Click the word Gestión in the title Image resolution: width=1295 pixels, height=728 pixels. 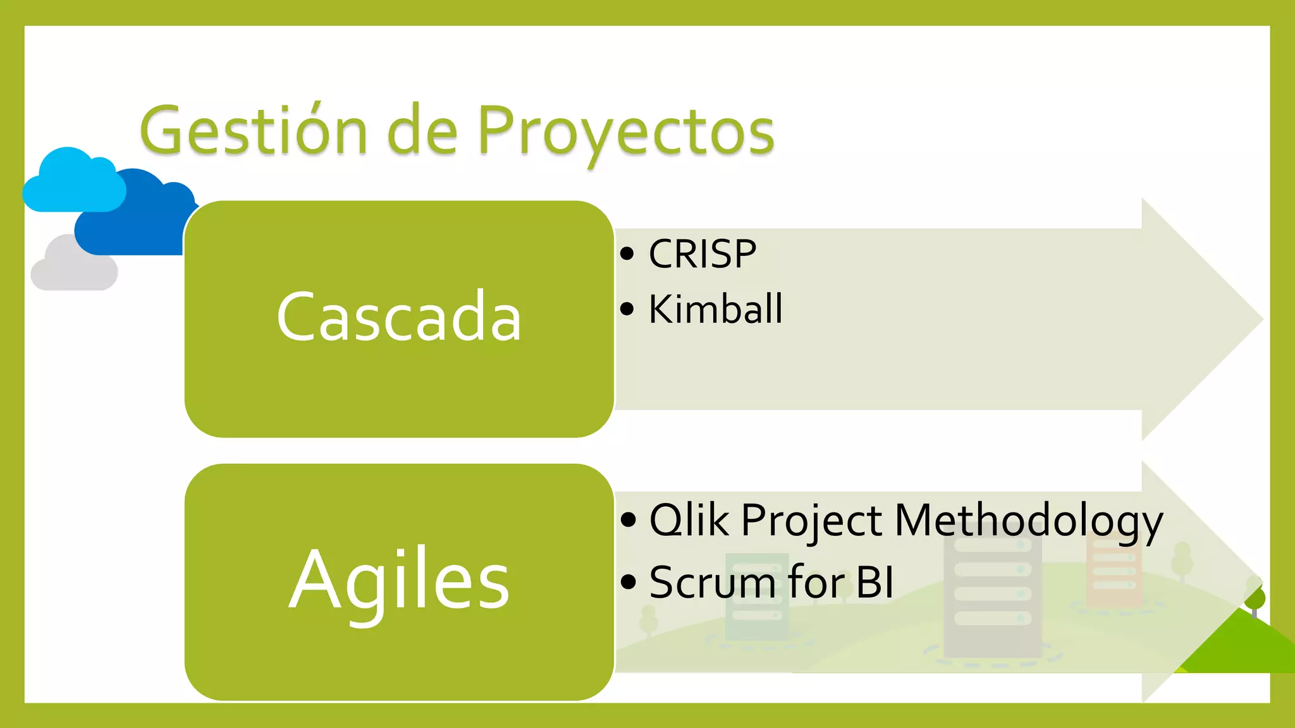[253, 131]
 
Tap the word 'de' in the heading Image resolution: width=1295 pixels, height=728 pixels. [422, 131]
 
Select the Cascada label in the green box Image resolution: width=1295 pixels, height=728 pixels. [399, 317]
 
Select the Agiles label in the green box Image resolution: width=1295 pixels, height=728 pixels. [399, 580]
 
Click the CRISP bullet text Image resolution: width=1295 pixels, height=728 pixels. [702, 254]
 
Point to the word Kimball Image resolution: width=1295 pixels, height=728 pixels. [715, 310]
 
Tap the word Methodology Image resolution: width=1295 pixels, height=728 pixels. [1029, 520]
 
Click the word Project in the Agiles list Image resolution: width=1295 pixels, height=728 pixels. [811, 520]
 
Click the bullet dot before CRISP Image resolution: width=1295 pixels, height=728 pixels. [627, 254]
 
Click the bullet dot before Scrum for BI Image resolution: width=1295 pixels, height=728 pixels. [627, 582]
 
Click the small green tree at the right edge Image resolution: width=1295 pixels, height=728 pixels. [1255, 597]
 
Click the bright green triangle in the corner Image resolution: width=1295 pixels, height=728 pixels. [1243, 648]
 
